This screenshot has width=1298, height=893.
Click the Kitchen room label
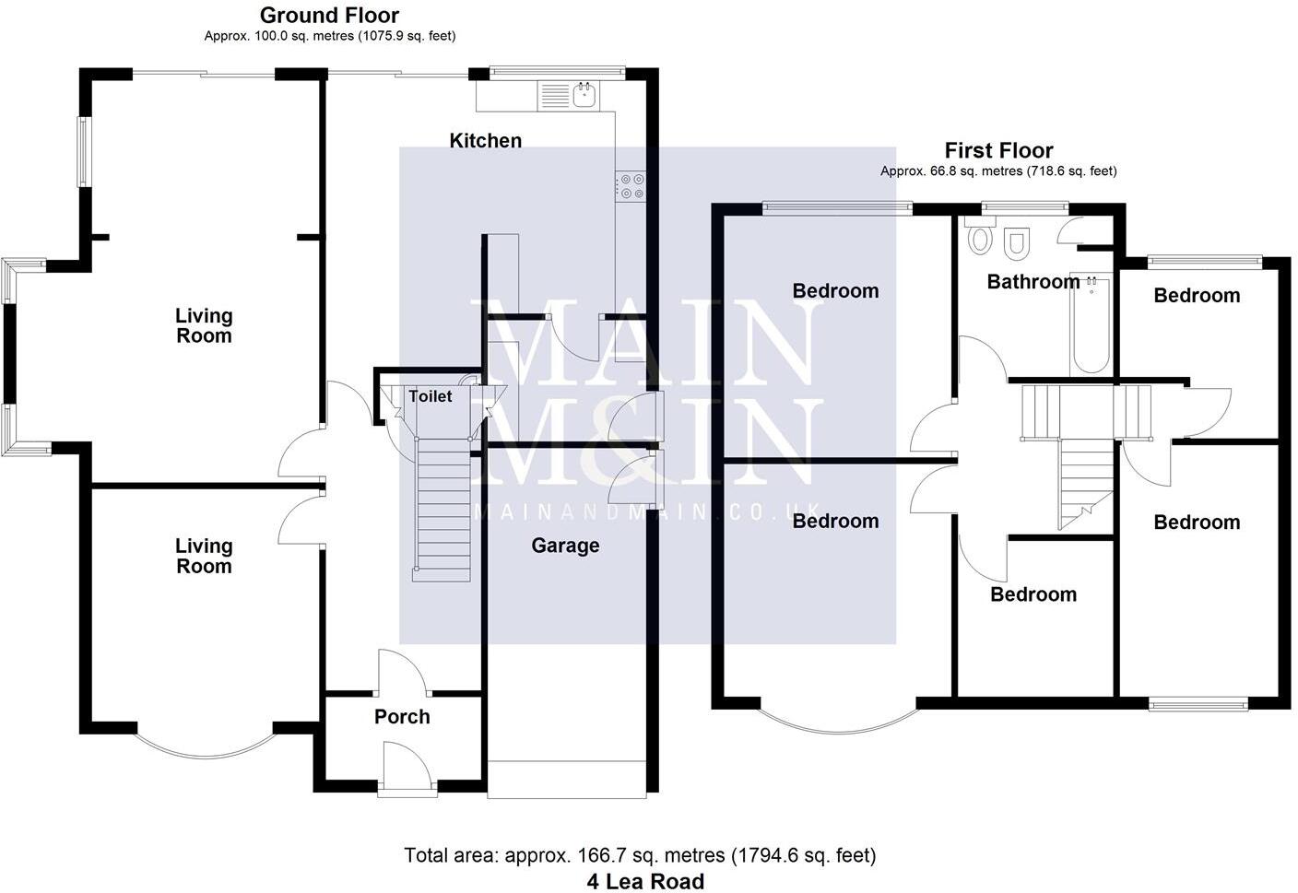[485, 140]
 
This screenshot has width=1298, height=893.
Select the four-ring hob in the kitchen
[631, 186]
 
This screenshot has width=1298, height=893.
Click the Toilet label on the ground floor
[430, 396]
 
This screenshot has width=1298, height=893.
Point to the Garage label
[565, 546]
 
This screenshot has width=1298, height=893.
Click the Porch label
[402, 716]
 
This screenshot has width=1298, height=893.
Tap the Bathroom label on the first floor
[1032, 282]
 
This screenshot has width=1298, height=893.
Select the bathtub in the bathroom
[1091, 323]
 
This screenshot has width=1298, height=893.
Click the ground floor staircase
[442, 507]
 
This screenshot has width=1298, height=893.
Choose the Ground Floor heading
[329, 15]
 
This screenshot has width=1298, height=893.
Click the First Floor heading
[998, 150]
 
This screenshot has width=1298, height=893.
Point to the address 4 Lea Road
[645, 881]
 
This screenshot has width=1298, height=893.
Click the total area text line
[640, 855]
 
